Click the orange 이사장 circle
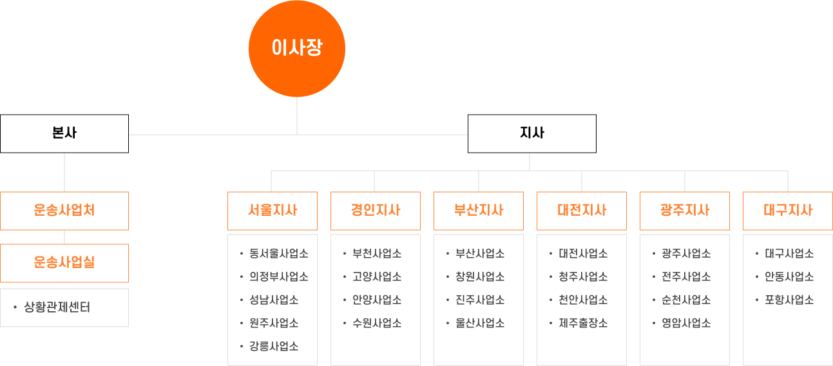click(x=297, y=49)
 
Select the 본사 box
click(x=64, y=133)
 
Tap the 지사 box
click(x=531, y=133)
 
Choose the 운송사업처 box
click(x=64, y=210)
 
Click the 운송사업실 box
click(x=64, y=262)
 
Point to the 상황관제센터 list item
click(x=57, y=307)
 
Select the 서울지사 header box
click(x=272, y=210)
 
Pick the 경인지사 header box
click(x=375, y=210)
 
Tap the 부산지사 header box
click(x=478, y=210)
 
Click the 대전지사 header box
click(x=581, y=210)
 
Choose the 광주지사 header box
click(x=684, y=210)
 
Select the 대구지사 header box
click(x=787, y=210)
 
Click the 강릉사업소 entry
click(x=274, y=346)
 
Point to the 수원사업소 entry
click(x=377, y=323)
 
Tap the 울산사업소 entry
click(x=480, y=323)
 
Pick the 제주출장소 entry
click(x=583, y=323)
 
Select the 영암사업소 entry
click(x=686, y=323)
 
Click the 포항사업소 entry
click(x=789, y=300)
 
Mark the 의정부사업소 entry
click(x=278, y=276)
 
